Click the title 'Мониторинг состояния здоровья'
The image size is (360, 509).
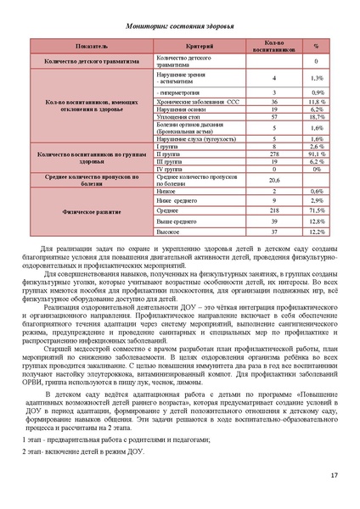click(179, 26)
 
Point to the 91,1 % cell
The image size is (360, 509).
click(316, 154)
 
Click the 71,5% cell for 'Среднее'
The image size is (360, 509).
click(316, 209)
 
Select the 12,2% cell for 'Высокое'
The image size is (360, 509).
click(316, 232)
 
